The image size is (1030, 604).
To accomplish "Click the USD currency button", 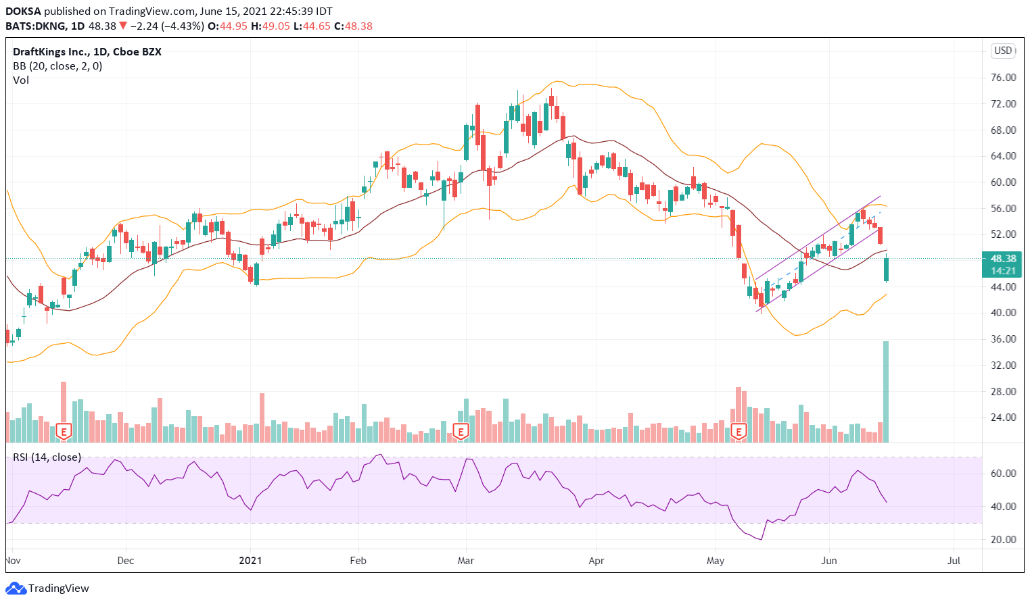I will coord(1002,51).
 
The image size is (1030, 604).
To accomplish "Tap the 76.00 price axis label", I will coord(1003,78).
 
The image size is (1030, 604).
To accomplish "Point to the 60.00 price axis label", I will coord(1003,182).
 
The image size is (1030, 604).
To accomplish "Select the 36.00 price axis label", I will coord(1003,339).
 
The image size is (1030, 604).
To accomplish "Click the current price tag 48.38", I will coord(1003,259).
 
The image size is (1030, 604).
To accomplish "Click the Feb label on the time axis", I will coord(358,561).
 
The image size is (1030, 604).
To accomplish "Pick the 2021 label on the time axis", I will coord(250,561).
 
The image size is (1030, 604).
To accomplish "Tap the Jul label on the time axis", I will coord(954,561).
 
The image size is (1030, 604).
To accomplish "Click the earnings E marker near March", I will coord(461,431).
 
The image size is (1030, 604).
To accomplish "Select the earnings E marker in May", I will coord(739,431).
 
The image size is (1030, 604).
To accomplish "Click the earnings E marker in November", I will coord(64,431).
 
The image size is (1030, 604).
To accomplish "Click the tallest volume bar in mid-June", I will coord(886,392).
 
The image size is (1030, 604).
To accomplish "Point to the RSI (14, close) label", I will coord(47,457).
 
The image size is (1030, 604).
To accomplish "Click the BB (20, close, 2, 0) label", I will coord(57,66).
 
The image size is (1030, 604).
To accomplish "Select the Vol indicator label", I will coord(21,80).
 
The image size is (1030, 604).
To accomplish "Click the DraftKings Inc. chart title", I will coord(87,52).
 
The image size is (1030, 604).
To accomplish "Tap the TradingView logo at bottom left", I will coord(47,588).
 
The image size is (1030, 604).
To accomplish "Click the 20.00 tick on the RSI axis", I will coord(1003,540).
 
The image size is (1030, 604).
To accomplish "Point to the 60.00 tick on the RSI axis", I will coord(1003,474).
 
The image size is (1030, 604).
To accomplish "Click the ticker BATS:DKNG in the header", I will coord(36,26).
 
